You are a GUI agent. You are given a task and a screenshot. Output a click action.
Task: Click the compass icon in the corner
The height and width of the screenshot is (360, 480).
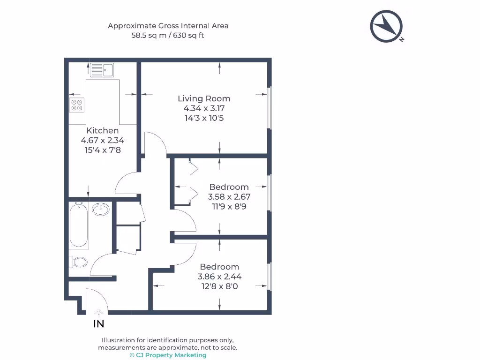pyautogui.click(x=387, y=26)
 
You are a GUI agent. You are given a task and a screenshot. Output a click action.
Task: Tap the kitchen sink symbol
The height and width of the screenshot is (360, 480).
pyautogui.click(x=102, y=70)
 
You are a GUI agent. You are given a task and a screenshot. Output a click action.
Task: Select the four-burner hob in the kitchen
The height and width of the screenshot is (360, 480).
pyautogui.click(x=77, y=105)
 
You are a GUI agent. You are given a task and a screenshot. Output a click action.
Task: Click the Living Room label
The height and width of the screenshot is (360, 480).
pyautogui.click(x=204, y=98)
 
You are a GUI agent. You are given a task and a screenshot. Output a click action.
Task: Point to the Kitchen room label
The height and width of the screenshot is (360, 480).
pyautogui.click(x=103, y=130)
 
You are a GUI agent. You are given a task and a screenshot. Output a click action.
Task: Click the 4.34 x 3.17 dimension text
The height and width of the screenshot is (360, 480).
pyautogui.click(x=204, y=108)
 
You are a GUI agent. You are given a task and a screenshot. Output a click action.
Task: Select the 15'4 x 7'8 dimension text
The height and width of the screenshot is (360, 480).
pyautogui.click(x=103, y=150)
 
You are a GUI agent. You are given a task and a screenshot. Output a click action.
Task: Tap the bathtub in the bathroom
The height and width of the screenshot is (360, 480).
pyautogui.click(x=79, y=225)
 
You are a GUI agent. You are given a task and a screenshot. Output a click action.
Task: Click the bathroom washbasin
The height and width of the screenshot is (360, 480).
pyautogui.click(x=101, y=209)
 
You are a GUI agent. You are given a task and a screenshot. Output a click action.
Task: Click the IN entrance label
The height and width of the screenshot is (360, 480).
pyautogui.click(x=99, y=324)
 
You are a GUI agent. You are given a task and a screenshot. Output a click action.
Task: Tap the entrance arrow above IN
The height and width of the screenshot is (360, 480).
pyautogui.click(x=98, y=311)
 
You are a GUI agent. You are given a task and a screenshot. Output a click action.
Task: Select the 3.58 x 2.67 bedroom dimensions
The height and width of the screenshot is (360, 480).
pyautogui.click(x=229, y=196)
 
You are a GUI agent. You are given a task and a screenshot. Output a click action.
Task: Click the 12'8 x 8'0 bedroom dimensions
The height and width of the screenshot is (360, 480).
pyautogui.click(x=219, y=286)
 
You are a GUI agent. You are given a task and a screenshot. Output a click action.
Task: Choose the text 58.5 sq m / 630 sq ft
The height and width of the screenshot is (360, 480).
pyautogui.click(x=168, y=35)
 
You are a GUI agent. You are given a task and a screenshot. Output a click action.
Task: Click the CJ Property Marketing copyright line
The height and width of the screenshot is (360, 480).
pyautogui.click(x=168, y=355)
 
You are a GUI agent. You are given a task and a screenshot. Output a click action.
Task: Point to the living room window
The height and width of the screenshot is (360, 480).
pyautogui.click(x=269, y=108)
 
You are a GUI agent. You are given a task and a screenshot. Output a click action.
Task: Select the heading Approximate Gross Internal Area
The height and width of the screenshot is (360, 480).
pyautogui.click(x=168, y=26)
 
